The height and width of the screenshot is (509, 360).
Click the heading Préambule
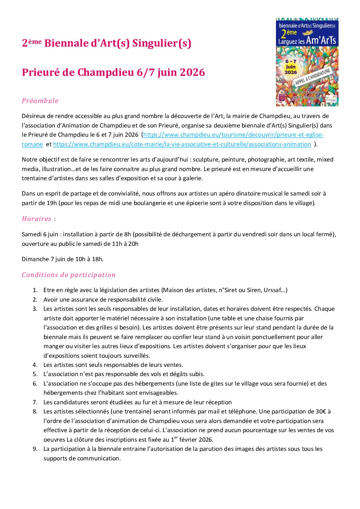(40, 101)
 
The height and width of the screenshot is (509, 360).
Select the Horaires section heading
(36, 219)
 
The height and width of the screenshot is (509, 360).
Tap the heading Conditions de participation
(69, 275)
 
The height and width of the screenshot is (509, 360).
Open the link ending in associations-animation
(182, 144)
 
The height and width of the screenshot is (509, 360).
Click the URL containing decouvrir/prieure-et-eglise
(233, 135)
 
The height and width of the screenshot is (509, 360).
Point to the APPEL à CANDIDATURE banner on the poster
(312, 77)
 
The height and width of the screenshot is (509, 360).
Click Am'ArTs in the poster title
(321, 40)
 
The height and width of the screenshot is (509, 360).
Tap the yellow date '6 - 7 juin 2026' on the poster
(291, 67)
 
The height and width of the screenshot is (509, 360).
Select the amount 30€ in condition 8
(321, 411)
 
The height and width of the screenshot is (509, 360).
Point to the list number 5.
(35, 374)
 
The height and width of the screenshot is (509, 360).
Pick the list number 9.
(35, 449)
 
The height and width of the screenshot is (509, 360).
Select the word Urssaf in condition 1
(272, 290)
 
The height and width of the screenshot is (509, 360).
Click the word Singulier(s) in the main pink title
(162, 43)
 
